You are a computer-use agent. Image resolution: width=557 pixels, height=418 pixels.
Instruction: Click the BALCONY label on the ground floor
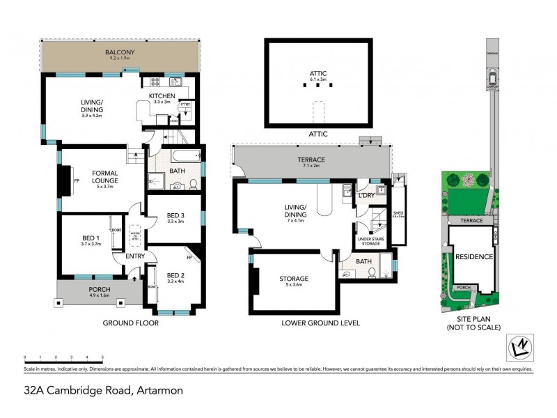(120, 52)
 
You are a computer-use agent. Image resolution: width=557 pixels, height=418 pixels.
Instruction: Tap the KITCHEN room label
(162, 96)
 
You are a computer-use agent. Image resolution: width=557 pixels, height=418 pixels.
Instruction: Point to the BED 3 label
(175, 215)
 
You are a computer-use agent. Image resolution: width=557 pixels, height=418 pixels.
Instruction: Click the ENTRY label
(135, 256)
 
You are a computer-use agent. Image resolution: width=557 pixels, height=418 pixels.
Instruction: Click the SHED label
(398, 214)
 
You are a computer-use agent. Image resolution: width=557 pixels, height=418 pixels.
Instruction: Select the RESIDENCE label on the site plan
(474, 256)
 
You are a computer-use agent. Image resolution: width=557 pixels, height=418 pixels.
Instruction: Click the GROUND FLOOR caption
(130, 323)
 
